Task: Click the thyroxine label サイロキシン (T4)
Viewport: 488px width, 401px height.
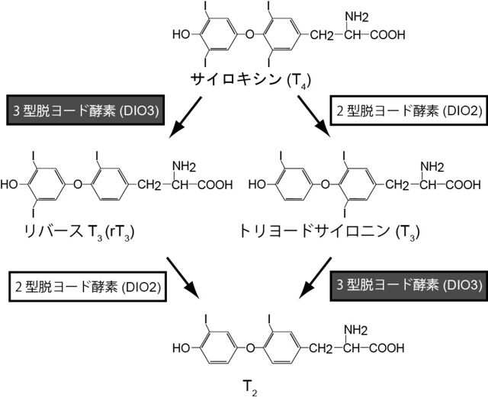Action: click(x=251, y=79)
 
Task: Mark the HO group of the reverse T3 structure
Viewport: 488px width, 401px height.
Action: click(x=10, y=184)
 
